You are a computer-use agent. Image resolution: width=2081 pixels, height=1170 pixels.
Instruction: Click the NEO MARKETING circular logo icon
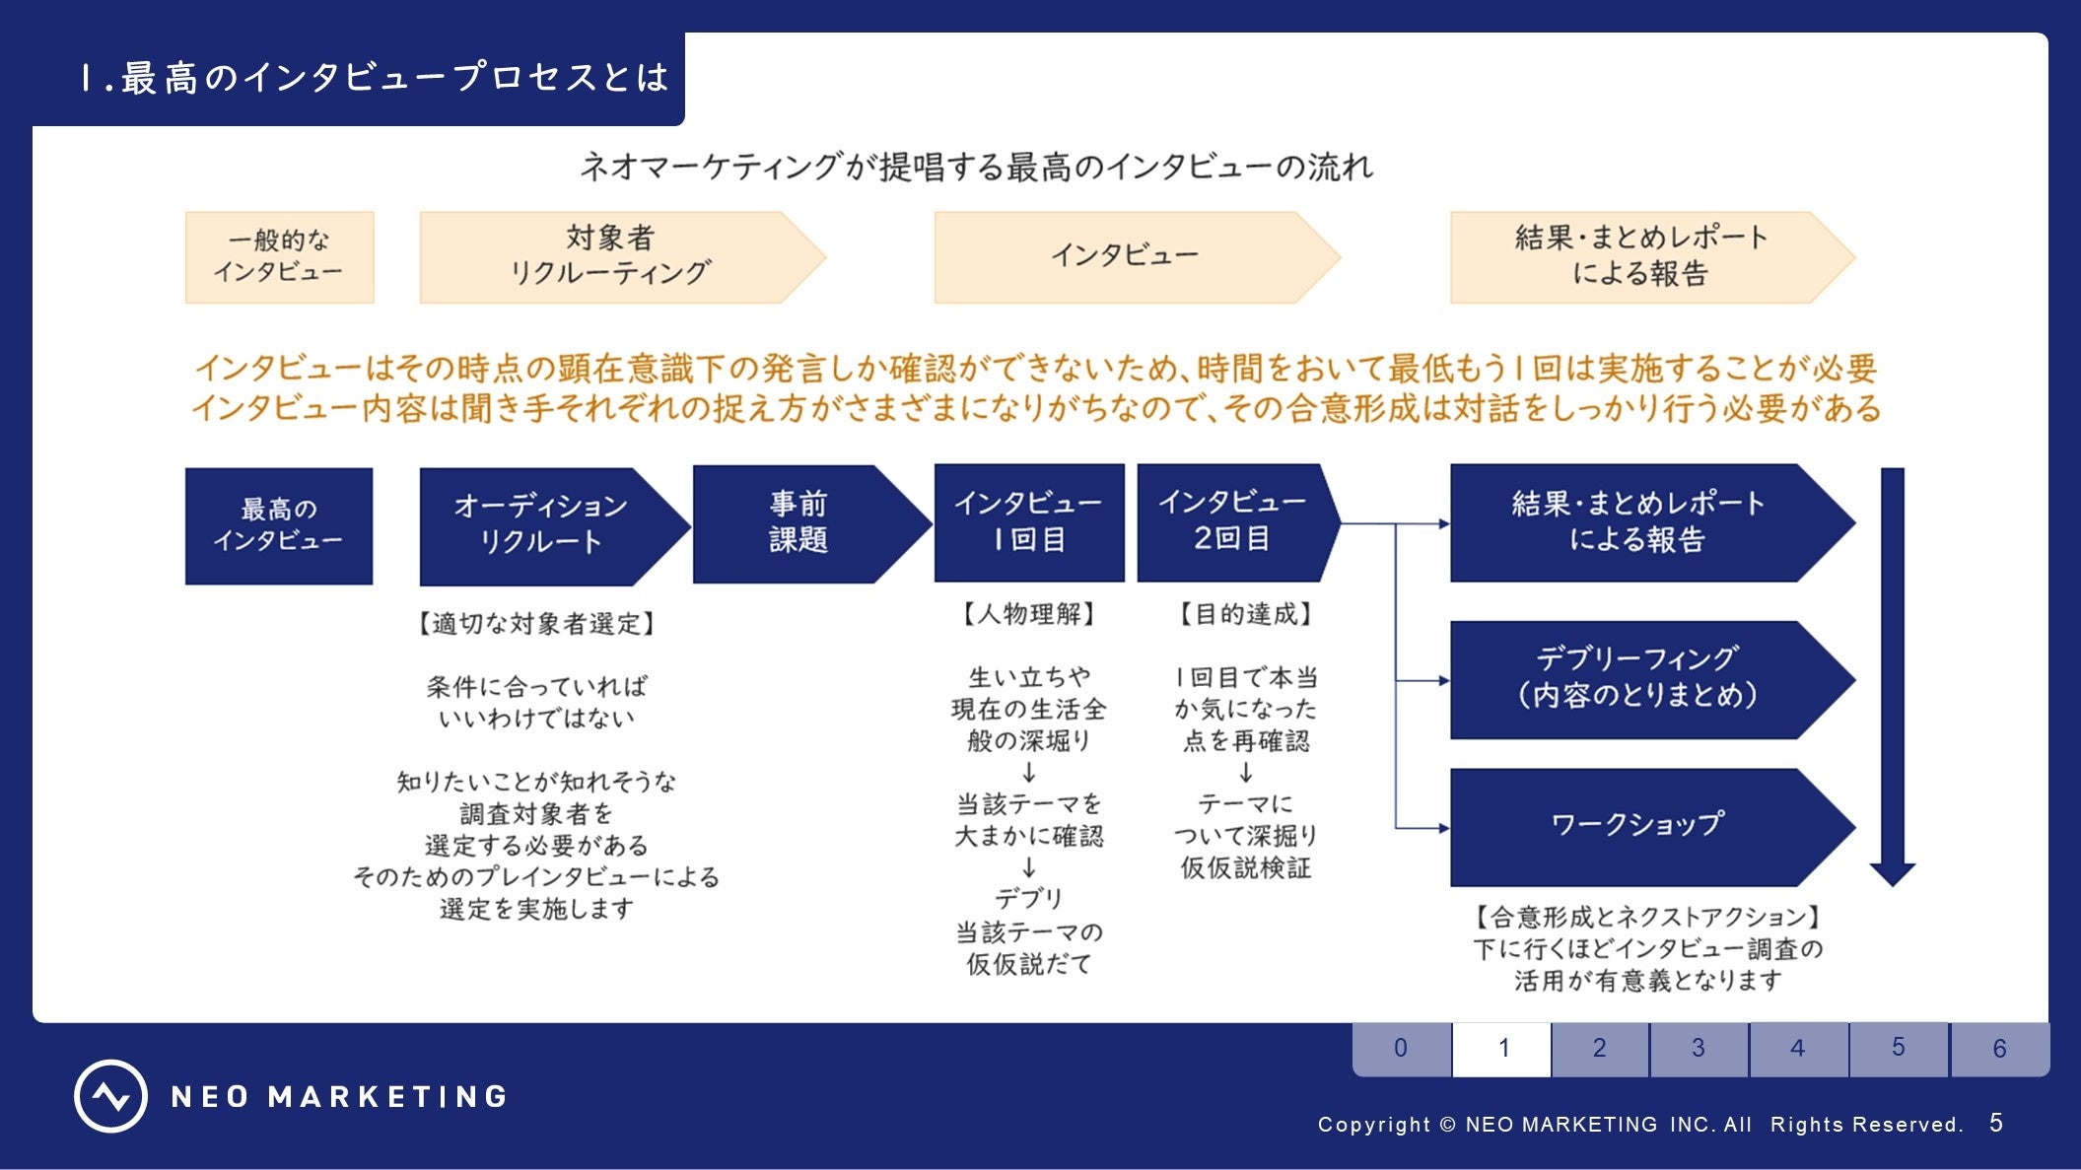110,1096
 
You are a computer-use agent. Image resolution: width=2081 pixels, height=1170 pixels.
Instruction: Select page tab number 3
1699,1048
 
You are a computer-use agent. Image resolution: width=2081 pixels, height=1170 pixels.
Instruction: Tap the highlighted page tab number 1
1502,1048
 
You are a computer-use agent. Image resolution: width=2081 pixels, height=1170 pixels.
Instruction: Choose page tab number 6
1999,1048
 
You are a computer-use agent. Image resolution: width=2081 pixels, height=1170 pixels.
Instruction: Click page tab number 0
1401,1048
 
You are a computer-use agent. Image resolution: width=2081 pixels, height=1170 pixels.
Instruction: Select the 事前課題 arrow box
799,523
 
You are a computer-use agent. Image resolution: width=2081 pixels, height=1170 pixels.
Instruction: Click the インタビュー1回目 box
1028,522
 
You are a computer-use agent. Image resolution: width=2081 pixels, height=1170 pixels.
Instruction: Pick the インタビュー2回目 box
1232,522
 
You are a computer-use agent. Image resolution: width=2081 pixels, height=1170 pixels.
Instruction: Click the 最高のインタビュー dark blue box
279,525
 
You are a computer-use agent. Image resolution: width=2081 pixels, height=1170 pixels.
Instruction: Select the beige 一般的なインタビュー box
279,256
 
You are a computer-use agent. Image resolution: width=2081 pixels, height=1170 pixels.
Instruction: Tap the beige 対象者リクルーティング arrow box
611,256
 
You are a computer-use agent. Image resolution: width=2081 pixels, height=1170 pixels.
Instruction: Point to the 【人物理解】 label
1028,614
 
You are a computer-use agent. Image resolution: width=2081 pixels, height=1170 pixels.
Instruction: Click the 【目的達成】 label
1246,614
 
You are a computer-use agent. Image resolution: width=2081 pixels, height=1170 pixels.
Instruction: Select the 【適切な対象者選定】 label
536,623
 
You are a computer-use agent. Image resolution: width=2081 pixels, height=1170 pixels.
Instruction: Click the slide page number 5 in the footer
1996,1123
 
